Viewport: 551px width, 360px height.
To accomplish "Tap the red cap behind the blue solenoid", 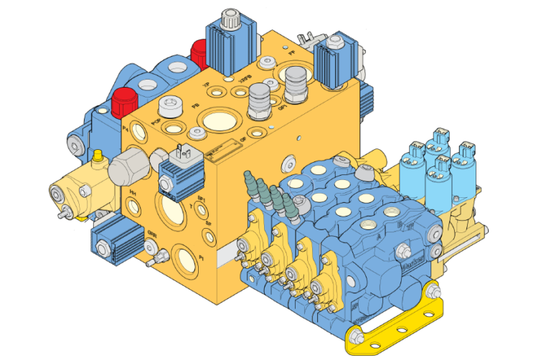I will point(199,51).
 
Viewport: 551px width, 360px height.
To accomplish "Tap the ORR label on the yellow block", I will point(153,234).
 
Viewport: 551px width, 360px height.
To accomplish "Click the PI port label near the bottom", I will point(202,256).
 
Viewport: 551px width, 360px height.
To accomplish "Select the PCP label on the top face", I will point(155,123).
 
